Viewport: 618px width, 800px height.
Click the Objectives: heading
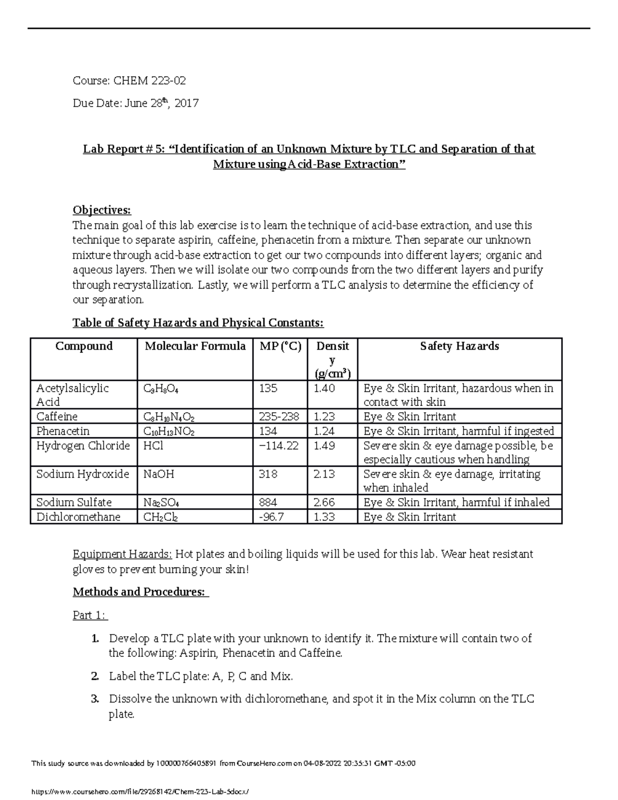(x=102, y=210)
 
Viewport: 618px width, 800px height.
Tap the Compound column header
(x=84, y=346)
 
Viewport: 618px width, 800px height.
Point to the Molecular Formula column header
(x=195, y=346)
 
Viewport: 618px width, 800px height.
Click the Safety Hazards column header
(x=459, y=346)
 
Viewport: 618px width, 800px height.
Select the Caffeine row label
(x=57, y=416)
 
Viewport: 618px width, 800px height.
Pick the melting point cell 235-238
(x=280, y=416)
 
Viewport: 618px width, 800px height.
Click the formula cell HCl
(x=153, y=446)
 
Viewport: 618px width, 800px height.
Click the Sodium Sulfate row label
(x=74, y=502)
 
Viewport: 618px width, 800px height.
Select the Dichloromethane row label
(x=78, y=517)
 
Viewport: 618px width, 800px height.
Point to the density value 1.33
(x=324, y=517)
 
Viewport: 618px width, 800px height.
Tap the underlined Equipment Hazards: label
(x=123, y=554)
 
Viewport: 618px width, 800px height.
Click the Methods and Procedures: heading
(x=141, y=592)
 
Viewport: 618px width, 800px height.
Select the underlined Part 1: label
(x=90, y=615)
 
